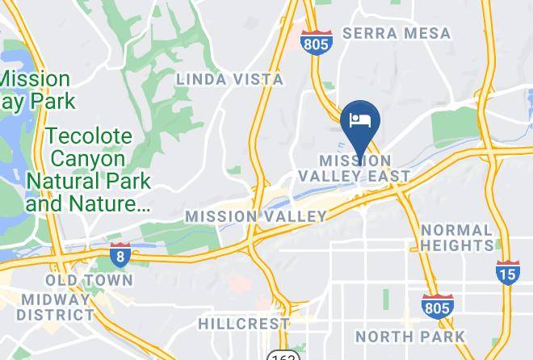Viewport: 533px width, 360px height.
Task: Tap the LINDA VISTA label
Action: (x=230, y=79)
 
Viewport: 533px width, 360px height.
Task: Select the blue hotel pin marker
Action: (x=359, y=122)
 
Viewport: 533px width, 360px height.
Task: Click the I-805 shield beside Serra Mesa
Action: (x=315, y=43)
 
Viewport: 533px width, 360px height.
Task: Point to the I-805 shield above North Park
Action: (x=437, y=307)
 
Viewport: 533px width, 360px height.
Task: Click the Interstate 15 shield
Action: (x=508, y=273)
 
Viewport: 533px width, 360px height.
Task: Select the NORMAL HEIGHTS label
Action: (x=456, y=237)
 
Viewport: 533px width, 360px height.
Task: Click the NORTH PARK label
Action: (x=410, y=337)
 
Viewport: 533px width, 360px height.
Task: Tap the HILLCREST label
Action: (x=244, y=324)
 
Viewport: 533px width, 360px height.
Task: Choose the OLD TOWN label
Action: (x=89, y=280)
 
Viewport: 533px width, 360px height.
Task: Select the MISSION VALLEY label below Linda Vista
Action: (x=255, y=216)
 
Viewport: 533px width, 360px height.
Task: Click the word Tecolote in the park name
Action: (x=88, y=136)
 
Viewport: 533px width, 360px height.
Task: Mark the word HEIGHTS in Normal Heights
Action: (x=456, y=245)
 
